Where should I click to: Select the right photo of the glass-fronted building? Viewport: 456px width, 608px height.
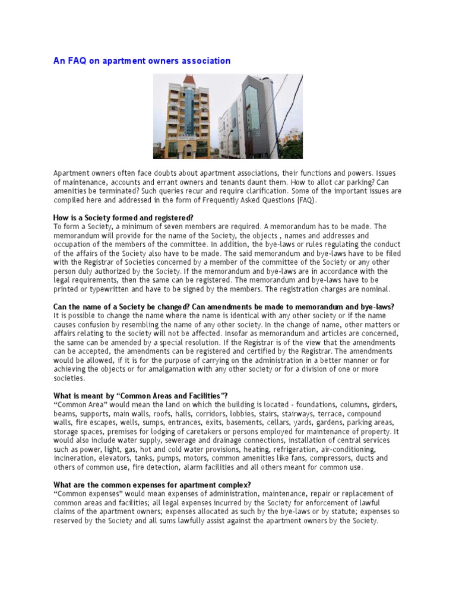pos(261,116)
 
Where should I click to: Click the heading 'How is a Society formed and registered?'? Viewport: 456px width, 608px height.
pos(123,218)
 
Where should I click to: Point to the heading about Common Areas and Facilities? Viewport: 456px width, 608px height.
pos(141,396)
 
